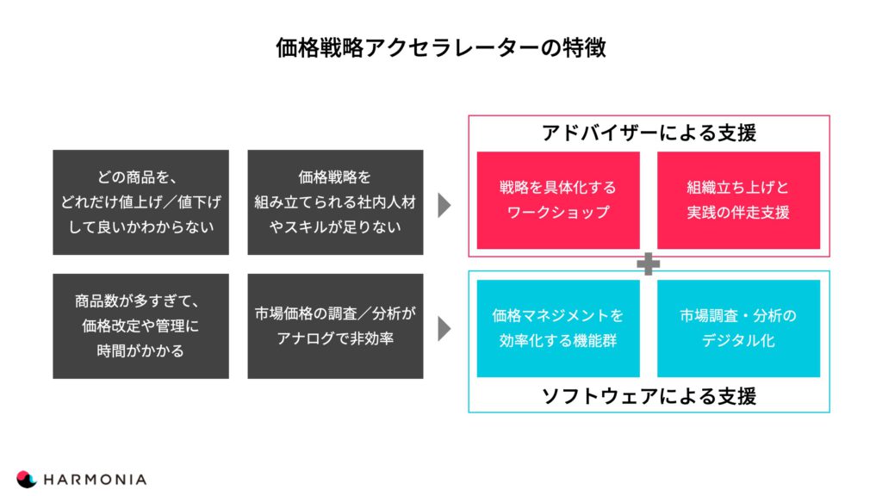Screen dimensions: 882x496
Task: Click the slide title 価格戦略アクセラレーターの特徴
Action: (441, 47)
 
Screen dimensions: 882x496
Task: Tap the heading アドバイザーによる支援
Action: (649, 133)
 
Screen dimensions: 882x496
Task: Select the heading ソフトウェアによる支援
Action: (649, 396)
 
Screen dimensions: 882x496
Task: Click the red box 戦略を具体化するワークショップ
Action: (558, 200)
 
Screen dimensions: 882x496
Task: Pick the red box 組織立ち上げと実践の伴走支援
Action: (738, 200)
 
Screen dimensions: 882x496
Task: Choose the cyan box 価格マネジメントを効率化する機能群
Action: (558, 328)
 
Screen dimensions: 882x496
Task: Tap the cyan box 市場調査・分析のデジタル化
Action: (738, 328)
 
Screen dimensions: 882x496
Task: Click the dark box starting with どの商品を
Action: (140, 202)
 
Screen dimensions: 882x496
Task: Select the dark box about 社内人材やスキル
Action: (335, 202)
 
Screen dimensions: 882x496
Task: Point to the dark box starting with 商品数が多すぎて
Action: (140, 326)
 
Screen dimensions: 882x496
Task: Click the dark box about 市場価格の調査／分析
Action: (335, 326)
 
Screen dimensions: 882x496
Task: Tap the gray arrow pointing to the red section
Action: (444, 205)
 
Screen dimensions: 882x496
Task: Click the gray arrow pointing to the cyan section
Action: (444, 329)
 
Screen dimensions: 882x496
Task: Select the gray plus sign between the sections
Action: (648, 263)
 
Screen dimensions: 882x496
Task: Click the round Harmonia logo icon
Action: (26, 479)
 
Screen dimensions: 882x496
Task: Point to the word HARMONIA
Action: (95, 480)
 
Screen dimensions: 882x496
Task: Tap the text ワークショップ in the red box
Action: (558, 213)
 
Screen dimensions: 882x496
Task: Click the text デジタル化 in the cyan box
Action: (738, 340)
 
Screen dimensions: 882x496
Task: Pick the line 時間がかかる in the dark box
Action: (140, 351)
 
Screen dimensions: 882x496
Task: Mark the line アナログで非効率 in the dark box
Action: (335, 338)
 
